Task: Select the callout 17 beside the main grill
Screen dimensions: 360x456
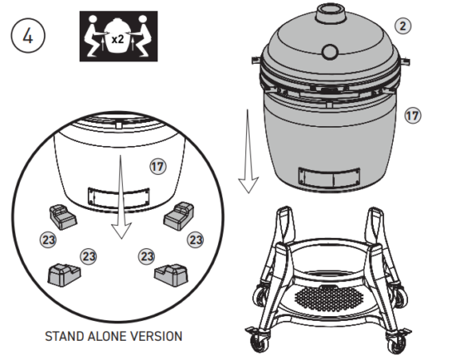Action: [412, 116]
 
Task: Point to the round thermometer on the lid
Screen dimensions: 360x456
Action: [331, 52]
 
